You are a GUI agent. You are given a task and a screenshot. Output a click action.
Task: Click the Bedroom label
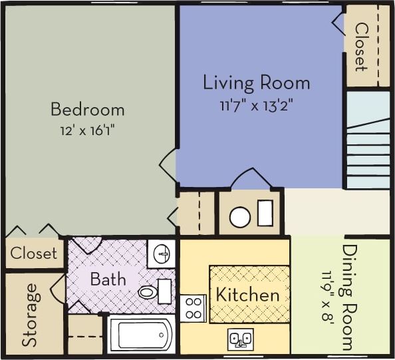(x=87, y=108)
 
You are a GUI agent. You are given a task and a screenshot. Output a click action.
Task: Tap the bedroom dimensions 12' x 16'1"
(x=87, y=130)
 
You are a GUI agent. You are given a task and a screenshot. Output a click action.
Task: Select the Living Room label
(x=256, y=83)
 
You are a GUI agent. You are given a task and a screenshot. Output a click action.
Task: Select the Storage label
(x=29, y=315)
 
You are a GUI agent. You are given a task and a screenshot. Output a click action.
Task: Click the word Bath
(x=108, y=278)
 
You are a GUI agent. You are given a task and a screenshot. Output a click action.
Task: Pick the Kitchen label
(x=247, y=294)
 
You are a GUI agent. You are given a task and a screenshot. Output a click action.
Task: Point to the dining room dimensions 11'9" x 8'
(x=327, y=296)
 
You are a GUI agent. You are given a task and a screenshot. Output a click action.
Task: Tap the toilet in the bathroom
(x=150, y=291)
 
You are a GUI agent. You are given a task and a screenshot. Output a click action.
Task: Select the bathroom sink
(x=161, y=254)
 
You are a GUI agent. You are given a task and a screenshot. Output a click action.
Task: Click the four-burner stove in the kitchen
(x=193, y=308)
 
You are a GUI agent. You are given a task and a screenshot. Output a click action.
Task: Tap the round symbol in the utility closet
(x=239, y=217)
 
